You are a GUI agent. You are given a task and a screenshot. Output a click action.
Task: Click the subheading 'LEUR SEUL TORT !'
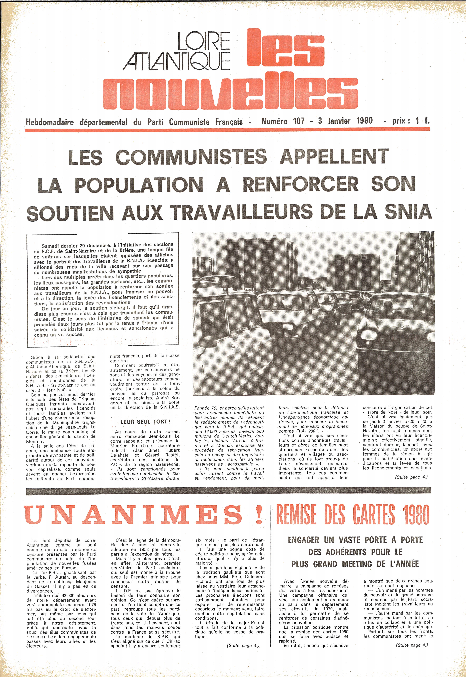(x=145, y=422)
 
